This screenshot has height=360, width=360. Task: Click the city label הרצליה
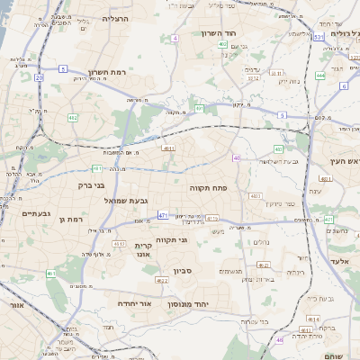116,18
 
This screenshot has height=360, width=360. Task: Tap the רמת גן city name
69,219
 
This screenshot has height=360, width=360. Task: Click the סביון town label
183,270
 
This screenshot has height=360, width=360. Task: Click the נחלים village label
262,242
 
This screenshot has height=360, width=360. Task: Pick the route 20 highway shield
39,78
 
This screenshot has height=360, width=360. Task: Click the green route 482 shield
73,117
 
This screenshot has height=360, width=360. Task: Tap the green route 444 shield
321,76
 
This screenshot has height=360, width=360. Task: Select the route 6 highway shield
344,86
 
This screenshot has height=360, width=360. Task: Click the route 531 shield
319,37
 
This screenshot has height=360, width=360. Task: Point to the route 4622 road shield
163,281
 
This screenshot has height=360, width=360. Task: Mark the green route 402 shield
222,57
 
